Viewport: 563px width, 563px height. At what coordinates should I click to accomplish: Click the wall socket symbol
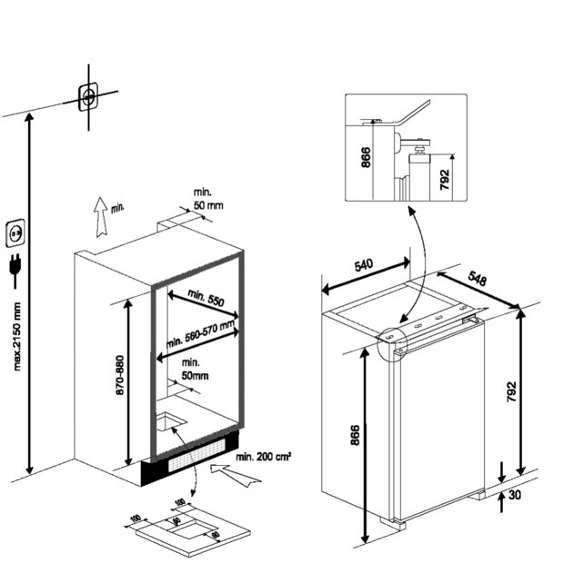pyautogui.click(x=15, y=233)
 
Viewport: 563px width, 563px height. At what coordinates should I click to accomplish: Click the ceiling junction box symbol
pyautogui.click(x=88, y=95)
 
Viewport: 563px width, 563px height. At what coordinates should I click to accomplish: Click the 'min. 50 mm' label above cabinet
pyautogui.click(x=206, y=199)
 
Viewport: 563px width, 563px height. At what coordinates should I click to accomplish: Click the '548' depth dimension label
pyautogui.click(x=477, y=277)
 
